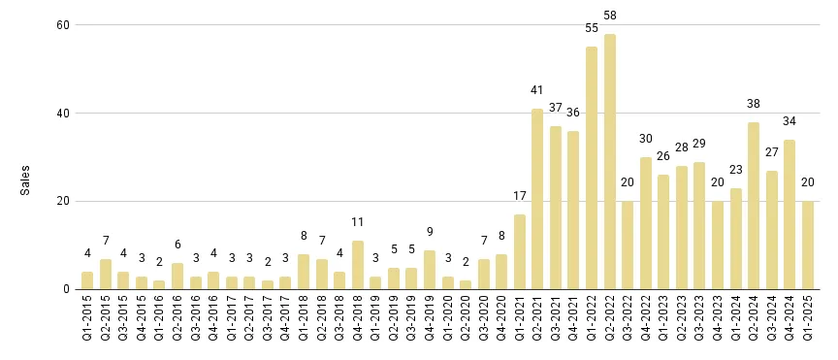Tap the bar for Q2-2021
point(537,199)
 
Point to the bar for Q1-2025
point(808,245)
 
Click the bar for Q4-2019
point(429,270)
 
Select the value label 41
point(537,90)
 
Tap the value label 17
point(519,197)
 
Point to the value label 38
point(754,104)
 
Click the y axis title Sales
point(26,180)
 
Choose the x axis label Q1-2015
point(87,323)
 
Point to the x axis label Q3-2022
point(628,323)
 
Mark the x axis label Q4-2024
point(790,323)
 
